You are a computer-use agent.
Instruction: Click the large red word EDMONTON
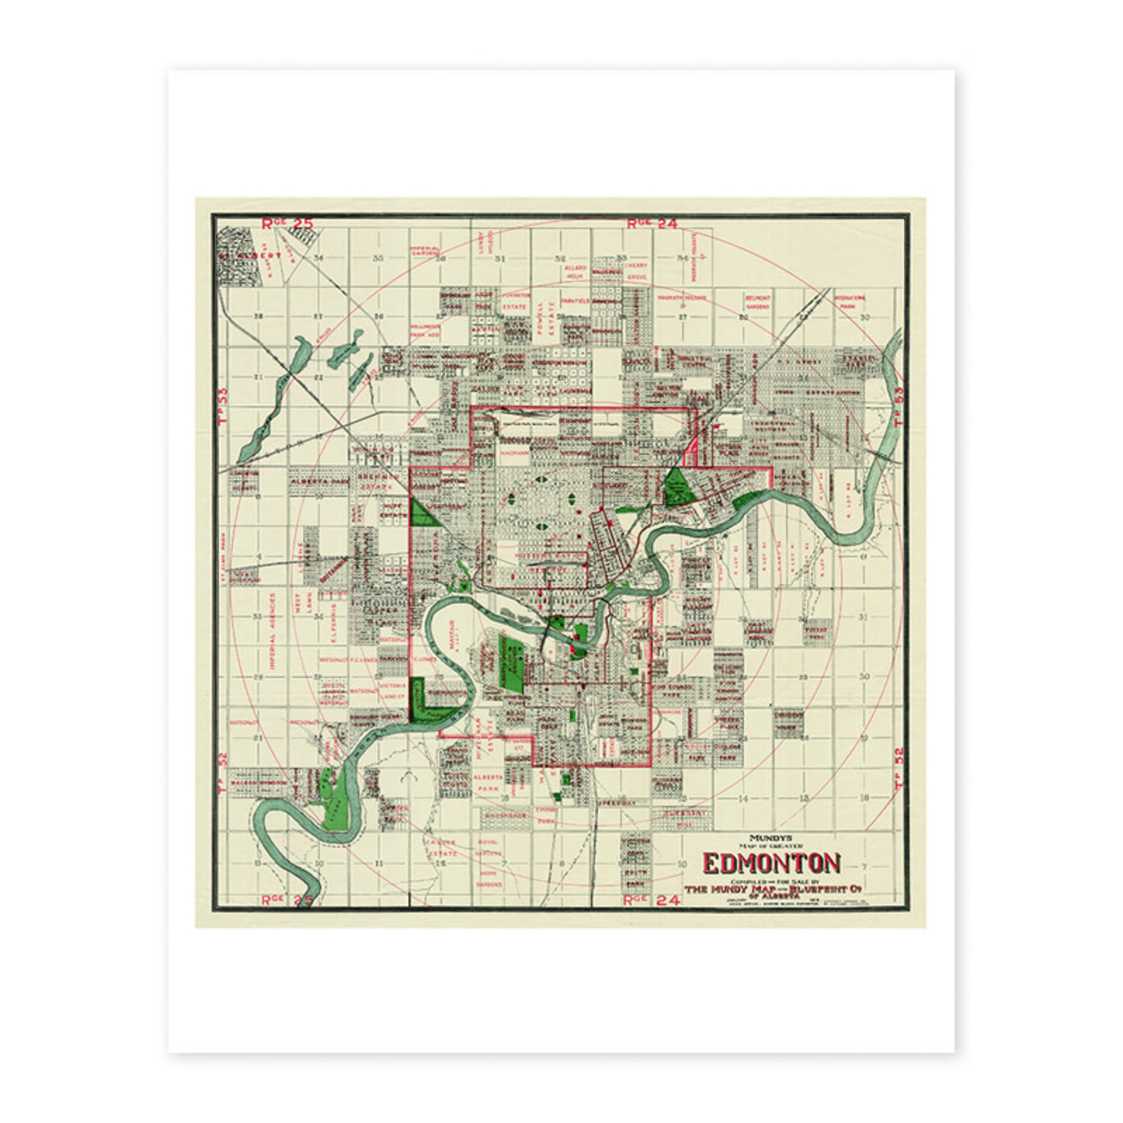[771, 863]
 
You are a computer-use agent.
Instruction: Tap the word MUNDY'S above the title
[771, 838]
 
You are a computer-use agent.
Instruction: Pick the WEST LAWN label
[302, 603]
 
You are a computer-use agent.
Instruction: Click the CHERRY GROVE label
[636, 271]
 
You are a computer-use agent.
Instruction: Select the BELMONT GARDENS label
[758, 302]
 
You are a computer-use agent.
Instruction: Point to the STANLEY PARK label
[860, 363]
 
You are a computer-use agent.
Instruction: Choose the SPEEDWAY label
[616, 803]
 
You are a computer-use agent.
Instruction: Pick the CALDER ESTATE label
[442, 847]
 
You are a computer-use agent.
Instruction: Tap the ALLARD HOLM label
[575, 271]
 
